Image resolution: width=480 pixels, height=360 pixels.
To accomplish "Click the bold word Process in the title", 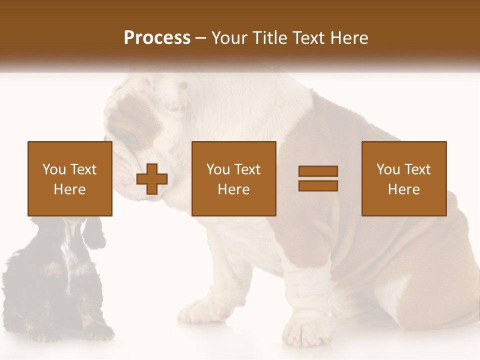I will [x=157, y=38].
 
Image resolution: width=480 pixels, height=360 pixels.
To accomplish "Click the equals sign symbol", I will [x=318, y=178].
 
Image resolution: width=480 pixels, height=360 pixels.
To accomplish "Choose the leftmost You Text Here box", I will [x=70, y=178].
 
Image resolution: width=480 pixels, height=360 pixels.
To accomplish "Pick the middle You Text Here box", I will [x=233, y=178].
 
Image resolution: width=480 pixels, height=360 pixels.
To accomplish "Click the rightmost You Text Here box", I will [x=404, y=178].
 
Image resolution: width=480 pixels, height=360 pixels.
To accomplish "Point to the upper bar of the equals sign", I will [x=318, y=171].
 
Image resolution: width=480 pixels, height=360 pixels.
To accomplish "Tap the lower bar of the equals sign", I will [x=318, y=185].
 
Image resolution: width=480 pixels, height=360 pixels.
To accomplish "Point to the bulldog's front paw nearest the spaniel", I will [x=202, y=310].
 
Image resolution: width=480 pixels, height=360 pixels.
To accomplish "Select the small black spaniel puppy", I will [x=55, y=280].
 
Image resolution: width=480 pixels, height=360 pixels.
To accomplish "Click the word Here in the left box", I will [x=70, y=189].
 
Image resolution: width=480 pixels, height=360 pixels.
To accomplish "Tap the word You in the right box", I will [x=388, y=169].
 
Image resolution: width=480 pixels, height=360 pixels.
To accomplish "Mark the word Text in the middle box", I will [x=248, y=169].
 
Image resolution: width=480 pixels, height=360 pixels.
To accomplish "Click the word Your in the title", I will [x=230, y=38].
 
